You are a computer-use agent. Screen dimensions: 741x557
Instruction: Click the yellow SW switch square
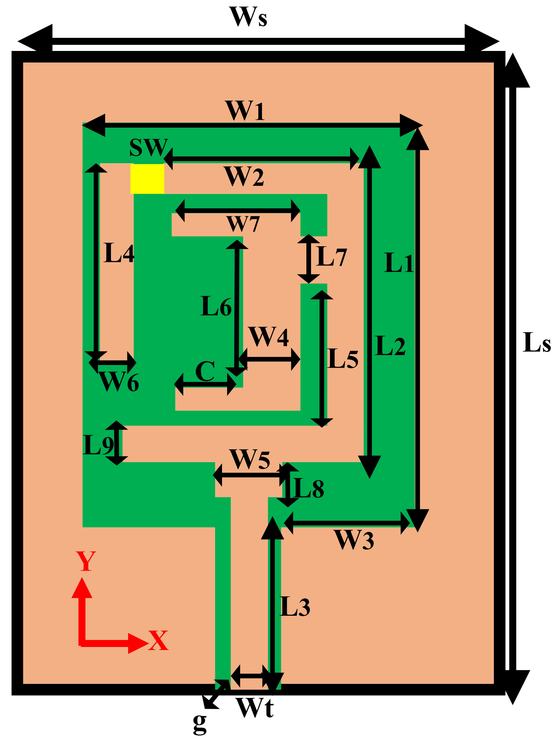point(147,179)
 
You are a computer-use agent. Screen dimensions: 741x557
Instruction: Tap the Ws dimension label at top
point(248,17)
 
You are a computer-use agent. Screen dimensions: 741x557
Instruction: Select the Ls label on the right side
point(537,342)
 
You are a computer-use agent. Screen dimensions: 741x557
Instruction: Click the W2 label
point(244,177)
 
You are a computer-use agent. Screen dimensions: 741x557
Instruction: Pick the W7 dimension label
point(243,224)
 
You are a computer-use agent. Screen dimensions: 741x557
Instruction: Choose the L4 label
point(119,253)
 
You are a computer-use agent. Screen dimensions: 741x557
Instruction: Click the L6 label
point(216,306)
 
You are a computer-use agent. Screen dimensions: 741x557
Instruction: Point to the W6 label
point(119,382)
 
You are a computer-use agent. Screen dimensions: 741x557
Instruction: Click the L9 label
point(98,445)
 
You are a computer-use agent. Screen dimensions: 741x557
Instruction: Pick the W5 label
point(250,459)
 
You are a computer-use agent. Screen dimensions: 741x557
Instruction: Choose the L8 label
point(308,488)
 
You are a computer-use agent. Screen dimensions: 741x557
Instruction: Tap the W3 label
point(354,540)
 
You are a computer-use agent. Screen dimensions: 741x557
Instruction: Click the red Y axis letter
point(86,561)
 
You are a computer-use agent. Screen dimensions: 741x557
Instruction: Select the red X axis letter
point(158,640)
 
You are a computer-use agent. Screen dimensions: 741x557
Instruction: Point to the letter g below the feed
point(200,723)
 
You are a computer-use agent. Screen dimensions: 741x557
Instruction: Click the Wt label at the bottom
point(255,707)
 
